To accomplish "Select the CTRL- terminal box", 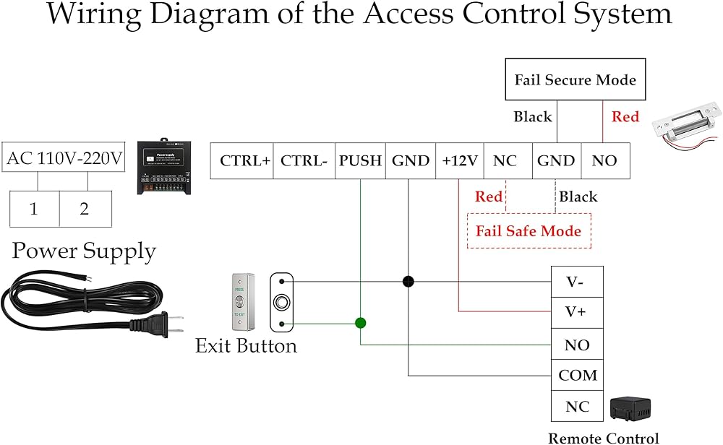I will [x=304, y=161].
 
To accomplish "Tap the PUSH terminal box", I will [x=360, y=161].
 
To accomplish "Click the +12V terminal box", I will [x=460, y=161].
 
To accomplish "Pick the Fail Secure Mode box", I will [x=575, y=79].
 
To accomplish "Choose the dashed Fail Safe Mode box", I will [x=529, y=231].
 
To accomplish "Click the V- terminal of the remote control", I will [x=576, y=282].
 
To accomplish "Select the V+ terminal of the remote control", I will [x=576, y=313].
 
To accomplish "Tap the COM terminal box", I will [x=577, y=376].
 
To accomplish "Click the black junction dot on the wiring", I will [x=408, y=282].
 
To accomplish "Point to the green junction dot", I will [x=360, y=322].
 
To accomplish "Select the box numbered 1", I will [x=34, y=209].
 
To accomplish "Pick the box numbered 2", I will [x=85, y=209].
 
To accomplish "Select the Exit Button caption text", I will [x=246, y=346].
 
